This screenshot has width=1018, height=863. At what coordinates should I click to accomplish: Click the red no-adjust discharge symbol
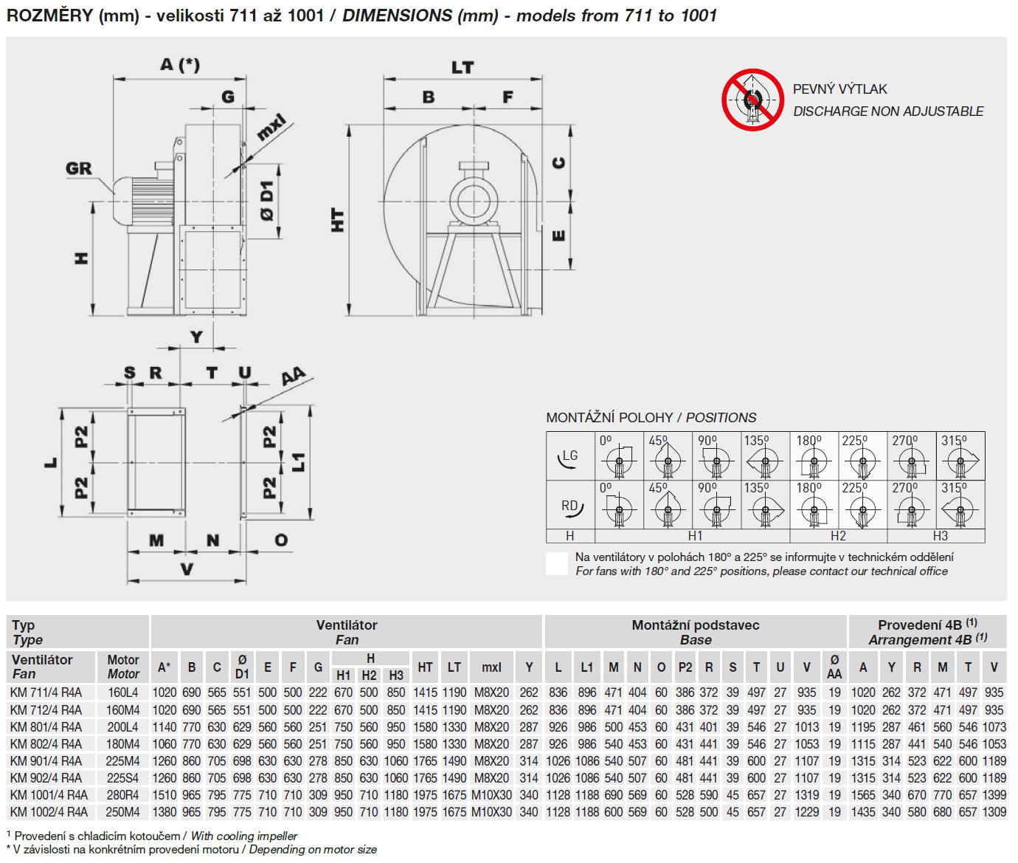pos(752,100)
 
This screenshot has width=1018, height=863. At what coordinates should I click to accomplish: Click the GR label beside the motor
pos(79,168)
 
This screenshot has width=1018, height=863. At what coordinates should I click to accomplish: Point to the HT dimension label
pos(338,220)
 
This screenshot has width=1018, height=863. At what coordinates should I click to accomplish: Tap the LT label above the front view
pos(463,68)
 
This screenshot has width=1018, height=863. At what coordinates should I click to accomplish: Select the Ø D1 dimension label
pos(266,200)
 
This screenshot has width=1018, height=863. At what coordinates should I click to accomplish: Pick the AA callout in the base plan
pos(293,377)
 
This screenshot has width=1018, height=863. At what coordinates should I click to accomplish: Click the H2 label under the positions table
pos(838,536)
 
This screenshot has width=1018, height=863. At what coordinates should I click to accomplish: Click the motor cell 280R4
pos(122,795)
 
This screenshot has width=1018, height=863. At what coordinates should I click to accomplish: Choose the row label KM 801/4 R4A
pos(46,727)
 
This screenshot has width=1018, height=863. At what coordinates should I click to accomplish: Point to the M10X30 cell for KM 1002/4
pos(491,812)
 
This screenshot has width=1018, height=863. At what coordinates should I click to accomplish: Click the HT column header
pos(425,667)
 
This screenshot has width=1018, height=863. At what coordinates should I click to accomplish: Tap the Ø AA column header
pos(834,667)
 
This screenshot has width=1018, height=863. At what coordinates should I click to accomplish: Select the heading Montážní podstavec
pos(695,625)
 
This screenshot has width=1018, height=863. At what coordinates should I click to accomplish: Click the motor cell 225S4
pos(122,778)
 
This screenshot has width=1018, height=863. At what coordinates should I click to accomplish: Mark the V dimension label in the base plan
pos(187,569)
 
